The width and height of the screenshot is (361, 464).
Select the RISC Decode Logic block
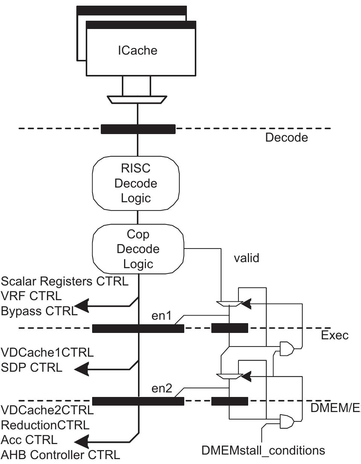click(x=136, y=183)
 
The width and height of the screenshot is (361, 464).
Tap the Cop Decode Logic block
click(x=138, y=249)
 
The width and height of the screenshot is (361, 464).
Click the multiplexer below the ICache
click(x=137, y=100)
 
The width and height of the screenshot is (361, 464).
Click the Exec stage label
click(x=335, y=335)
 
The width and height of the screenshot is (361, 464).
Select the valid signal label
click(x=246, y=259)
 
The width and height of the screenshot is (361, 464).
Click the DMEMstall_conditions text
click(x=263, y=450)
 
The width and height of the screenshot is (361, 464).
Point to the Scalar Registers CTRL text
click(x=65, y=281)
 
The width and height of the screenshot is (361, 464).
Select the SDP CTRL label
click(x=32, y=368)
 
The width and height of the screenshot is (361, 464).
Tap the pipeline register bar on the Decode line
click(x=138, y=129)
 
